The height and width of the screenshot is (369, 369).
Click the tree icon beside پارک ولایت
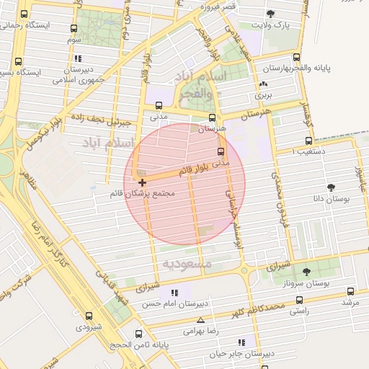(x=271, y=14)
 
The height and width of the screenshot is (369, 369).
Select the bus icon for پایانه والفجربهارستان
(x=296, y=58)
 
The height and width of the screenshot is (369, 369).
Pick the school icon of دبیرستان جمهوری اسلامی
(x=78, y=58)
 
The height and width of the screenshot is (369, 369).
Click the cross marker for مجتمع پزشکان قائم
(x=142, y=182)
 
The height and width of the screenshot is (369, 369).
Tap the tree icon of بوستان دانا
(x=332, y=187)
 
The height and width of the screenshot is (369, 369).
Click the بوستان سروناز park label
(x=308, y=284)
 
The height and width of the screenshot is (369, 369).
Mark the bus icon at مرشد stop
(x=350, y=292)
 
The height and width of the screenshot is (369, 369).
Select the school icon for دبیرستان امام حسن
(x=173, y=293)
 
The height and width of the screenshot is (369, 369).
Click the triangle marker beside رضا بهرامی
(x=200, y=321)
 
